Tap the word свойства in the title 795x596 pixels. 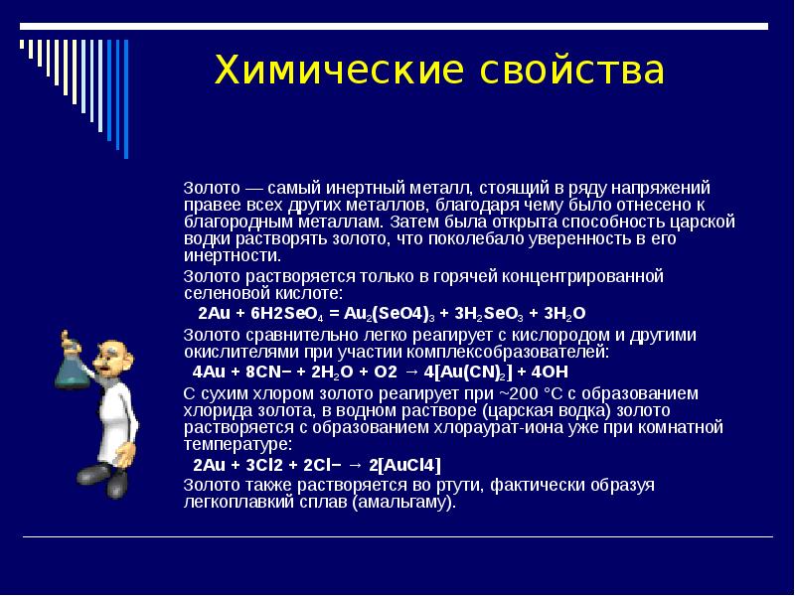click(573, 73)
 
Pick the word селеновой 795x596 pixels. click(222, 293)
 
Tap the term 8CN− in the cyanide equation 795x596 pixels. click(268, 372)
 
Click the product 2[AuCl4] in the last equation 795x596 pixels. click(404, 465)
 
